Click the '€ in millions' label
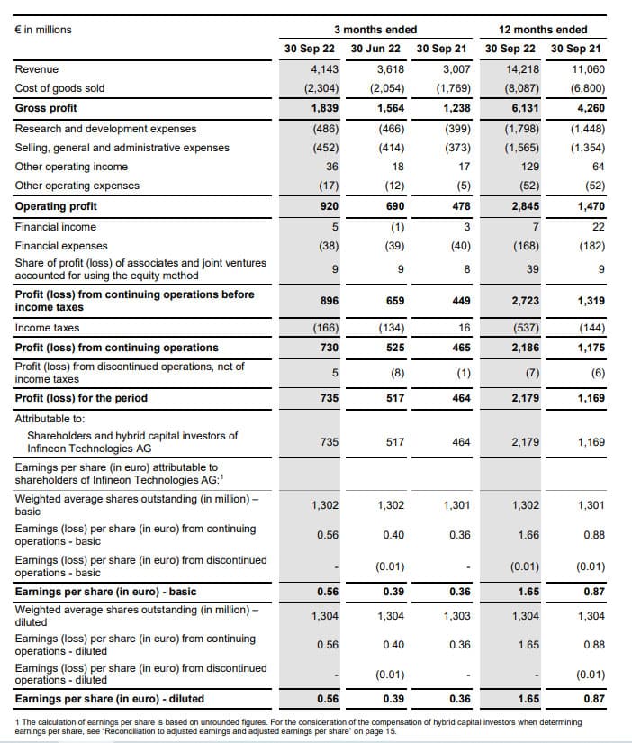(43, 30)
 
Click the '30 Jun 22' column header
(375, 48)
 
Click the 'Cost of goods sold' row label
(59, 88)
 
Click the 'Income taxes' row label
(47, 328)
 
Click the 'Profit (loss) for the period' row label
(81, 398)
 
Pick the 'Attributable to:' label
(47, 418)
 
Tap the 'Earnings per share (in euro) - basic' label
(105, 592)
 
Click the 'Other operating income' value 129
(528, 167)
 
